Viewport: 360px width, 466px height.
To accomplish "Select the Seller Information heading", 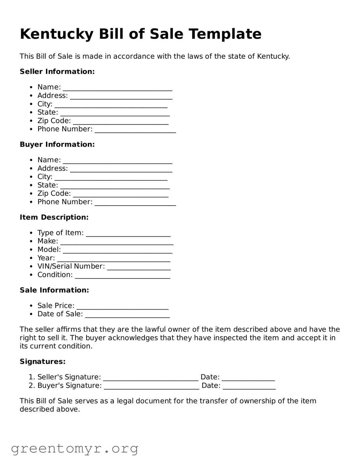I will tap(57, 72).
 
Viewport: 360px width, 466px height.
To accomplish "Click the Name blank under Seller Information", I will tap(117, 88).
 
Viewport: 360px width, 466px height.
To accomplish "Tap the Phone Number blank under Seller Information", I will tap(135, 130).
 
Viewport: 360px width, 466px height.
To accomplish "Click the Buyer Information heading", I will tap(57, 144).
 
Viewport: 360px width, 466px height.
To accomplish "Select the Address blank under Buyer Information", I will tap(121, 169).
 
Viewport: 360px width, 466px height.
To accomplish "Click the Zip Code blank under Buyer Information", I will tap(120, 194).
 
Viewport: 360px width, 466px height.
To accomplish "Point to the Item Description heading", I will tap(54, 217).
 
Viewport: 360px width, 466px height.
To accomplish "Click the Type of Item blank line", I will tap(128, 234).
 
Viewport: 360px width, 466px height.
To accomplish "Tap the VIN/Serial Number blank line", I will tap(139, 267).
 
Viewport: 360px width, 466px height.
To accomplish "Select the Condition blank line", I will tap(122, 276).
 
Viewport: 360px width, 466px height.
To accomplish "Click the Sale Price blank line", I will tap(122, 307).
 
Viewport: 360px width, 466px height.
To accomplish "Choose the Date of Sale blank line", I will tap(127, 315).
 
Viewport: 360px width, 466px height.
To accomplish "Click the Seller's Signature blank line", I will tap(150, 378).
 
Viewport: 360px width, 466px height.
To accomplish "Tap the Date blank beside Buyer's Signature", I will tap(249, 386).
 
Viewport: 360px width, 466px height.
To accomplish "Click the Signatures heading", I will tap(43, 362).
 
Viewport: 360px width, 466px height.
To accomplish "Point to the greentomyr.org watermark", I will tap(74, 448).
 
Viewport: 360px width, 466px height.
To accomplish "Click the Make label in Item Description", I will tap(47, 241).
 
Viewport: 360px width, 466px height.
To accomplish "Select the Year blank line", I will tap(113, 259).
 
